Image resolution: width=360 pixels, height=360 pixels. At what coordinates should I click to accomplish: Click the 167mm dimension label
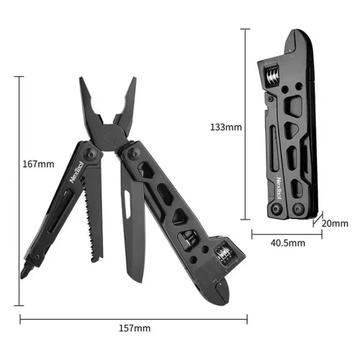(x=38, y=164)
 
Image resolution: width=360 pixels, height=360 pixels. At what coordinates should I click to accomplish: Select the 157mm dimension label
(x=135, y=328)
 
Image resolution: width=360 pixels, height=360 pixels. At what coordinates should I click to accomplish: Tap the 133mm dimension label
(x=226, y=127)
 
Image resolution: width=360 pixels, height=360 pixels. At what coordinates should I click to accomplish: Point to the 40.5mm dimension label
(x=288, y=243)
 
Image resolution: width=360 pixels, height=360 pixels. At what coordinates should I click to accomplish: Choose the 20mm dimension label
(x=335, y=223)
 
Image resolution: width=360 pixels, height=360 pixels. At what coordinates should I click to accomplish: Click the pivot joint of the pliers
(x=111, y=138)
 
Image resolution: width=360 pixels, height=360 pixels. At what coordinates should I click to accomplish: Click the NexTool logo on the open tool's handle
(x=76, y=172)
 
